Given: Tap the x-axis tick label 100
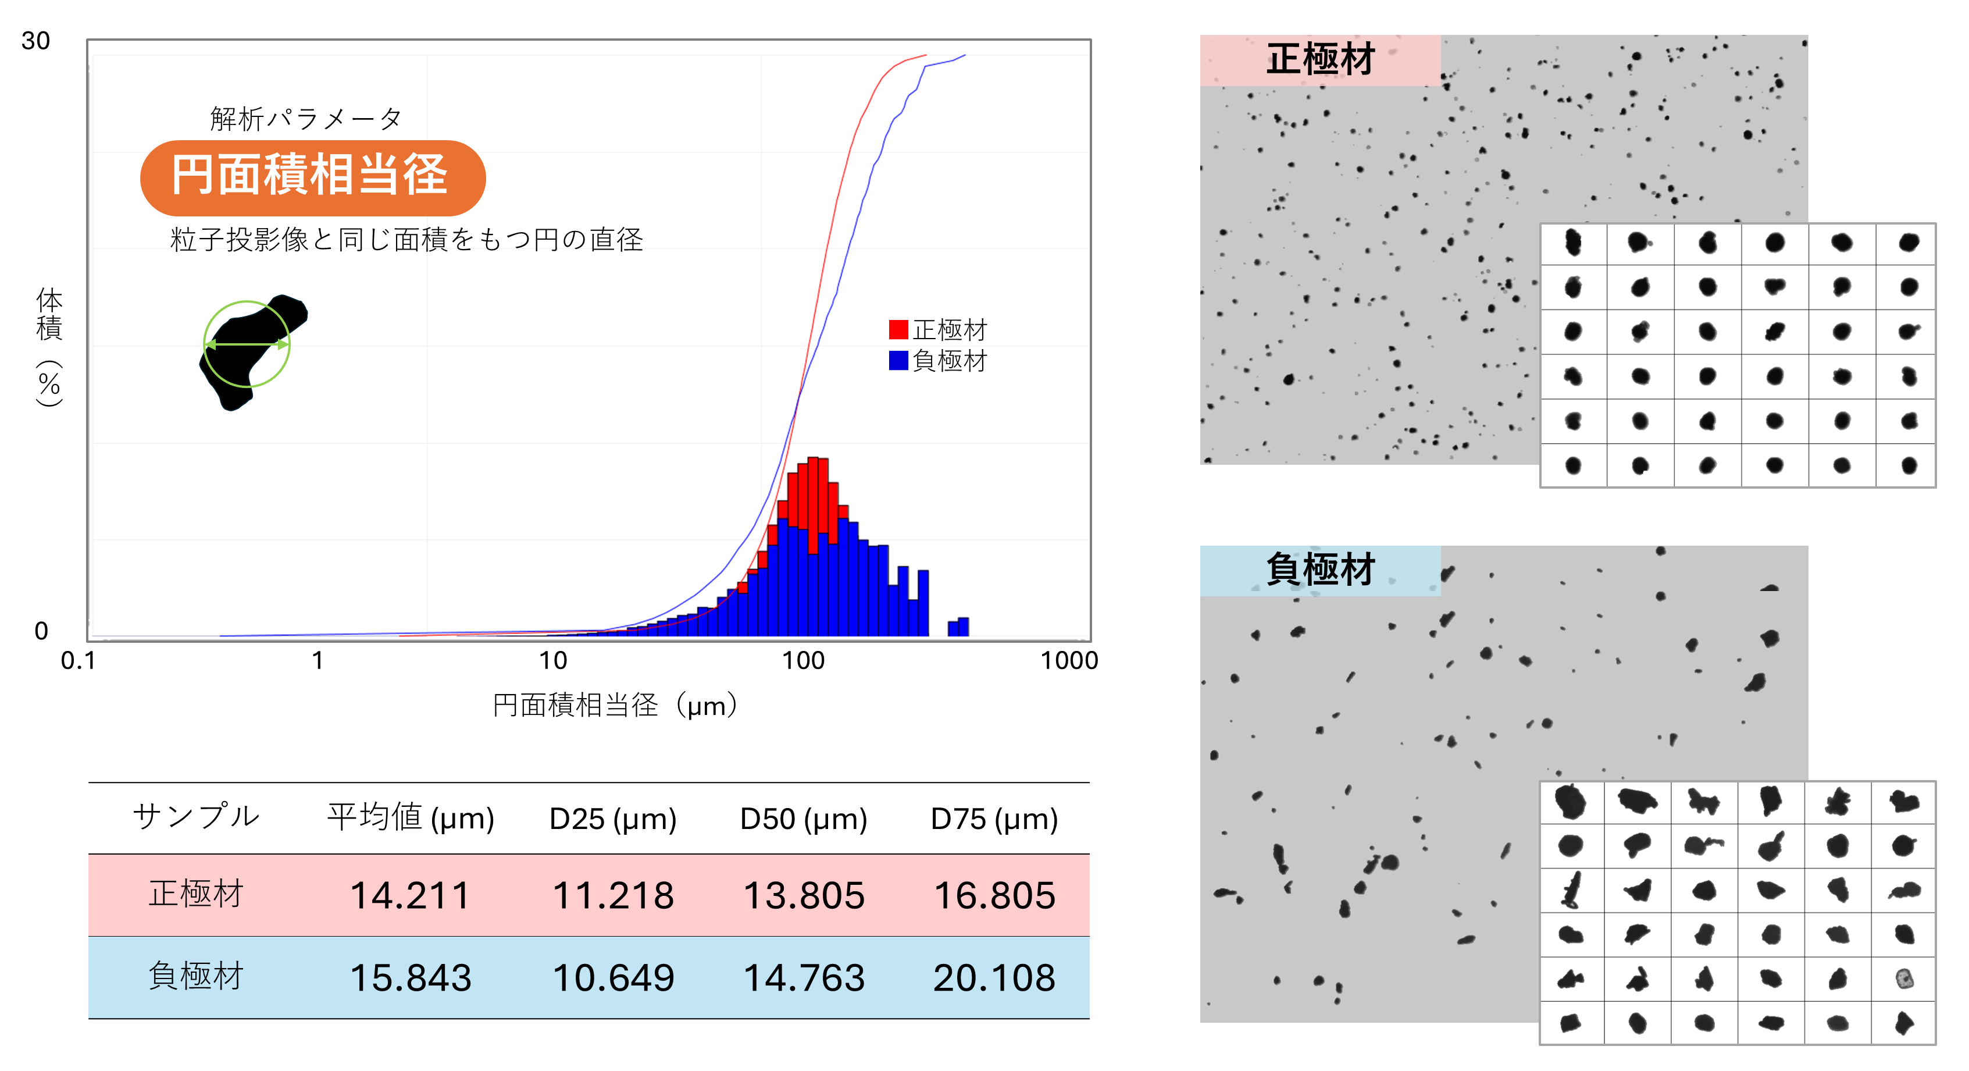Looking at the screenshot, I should [x=802, y=660].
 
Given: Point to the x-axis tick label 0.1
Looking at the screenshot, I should [x=78, y=660].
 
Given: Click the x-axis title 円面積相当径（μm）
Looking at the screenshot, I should [x=616, y=705].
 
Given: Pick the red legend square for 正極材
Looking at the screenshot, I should [x=898, y=329].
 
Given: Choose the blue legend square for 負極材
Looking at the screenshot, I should [x=898, y=360].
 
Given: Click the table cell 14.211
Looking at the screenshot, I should [x=410, y=895].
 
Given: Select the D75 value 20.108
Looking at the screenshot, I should [x=994, y=978].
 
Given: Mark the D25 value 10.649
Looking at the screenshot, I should [x=613, y=978].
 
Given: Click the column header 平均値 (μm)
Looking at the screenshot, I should [x=411, y=818].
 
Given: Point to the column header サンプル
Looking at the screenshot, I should [x=197, y=816].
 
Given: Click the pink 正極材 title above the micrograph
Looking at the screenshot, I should [x=1320, y=59].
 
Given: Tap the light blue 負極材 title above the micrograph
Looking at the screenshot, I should [x=1320, y=570].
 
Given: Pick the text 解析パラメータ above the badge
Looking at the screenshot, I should [x=306, y=119].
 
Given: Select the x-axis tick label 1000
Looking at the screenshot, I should [x=1069, y=660].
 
